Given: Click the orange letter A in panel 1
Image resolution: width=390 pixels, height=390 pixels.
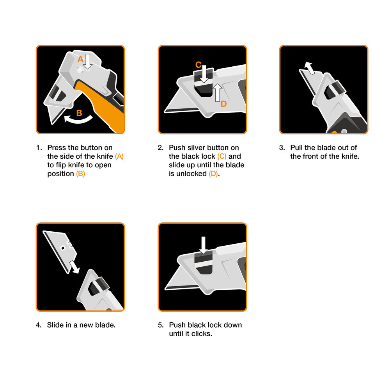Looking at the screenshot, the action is pos(80,59).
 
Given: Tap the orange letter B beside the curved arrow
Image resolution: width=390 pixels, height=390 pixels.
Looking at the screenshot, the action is pos(79,113).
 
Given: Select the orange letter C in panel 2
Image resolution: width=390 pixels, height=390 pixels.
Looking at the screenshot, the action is pos(198,65).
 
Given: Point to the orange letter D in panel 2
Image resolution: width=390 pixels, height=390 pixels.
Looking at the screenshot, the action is pos(223,104).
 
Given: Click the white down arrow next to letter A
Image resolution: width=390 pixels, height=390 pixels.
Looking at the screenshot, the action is pos(87,62).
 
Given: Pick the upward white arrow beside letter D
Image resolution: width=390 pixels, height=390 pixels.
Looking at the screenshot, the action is pos(218,92).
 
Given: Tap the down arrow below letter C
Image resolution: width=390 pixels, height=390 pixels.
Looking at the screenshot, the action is pos(204,74).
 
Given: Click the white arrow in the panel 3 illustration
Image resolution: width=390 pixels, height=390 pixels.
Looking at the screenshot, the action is pos(310,68).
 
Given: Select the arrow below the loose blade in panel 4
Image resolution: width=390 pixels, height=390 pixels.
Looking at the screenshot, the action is pos(74,267).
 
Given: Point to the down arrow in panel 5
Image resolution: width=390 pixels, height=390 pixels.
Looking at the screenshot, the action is pos(204,245).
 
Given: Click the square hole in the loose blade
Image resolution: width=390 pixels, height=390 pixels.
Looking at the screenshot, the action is pos(63,248).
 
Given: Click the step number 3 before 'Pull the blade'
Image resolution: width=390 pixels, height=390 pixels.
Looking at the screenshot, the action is pos(282,148).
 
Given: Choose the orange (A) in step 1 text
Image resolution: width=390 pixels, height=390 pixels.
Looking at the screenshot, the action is pos(119,156).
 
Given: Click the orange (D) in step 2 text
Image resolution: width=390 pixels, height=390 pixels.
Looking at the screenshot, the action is pos(213,174).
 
